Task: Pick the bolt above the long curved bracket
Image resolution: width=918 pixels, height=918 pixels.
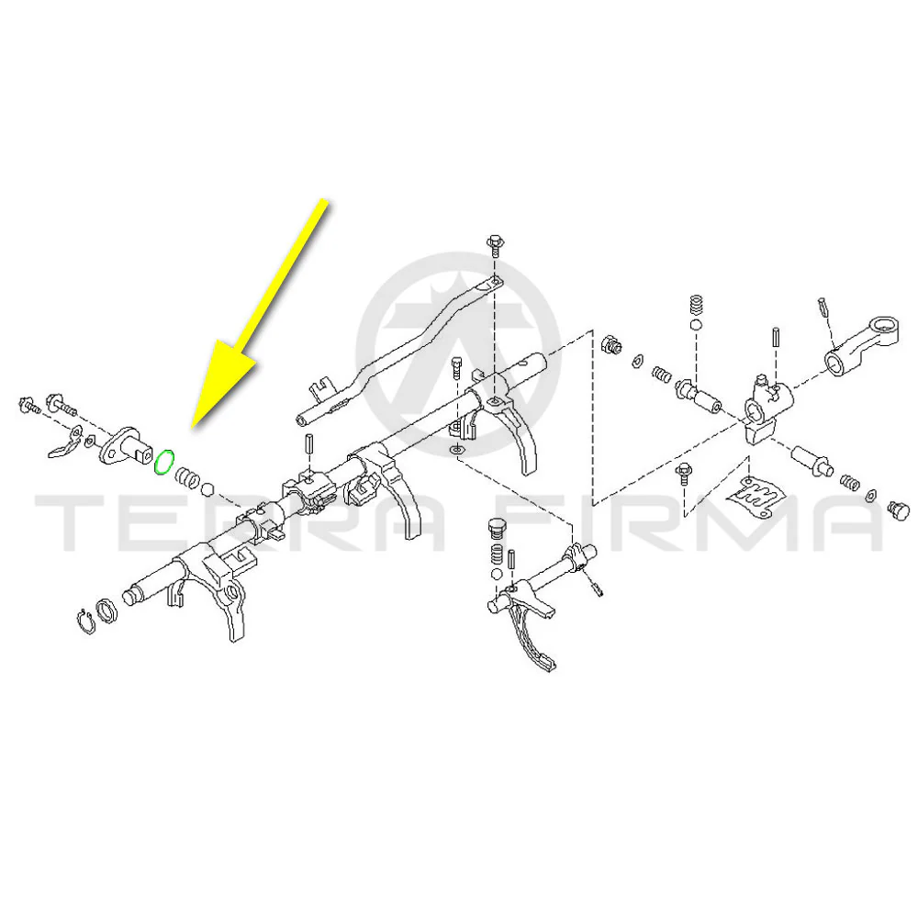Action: (x=496, y=245)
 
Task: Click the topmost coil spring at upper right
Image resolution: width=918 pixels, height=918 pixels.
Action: (x=696, y=307)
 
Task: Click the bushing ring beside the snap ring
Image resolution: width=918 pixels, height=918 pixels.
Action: (x=106, y=611)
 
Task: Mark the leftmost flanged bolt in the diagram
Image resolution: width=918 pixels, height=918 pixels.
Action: (x=28, y=405)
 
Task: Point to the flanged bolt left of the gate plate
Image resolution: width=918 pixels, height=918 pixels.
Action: (x=684, y=474)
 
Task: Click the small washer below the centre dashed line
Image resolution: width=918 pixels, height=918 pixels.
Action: (x=456, y=450)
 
